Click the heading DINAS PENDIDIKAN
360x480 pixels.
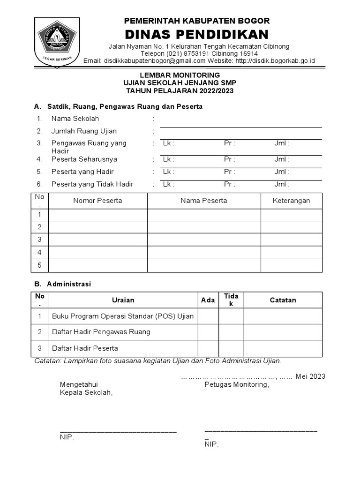tap(196, 34)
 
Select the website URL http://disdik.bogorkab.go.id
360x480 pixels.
tap(275, 61)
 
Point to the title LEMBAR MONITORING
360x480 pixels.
tap(180, 75)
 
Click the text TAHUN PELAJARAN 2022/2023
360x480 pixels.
tap(180, 91)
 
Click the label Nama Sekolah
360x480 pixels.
tap(75, 119)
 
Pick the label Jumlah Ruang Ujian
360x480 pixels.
tap(84, 131)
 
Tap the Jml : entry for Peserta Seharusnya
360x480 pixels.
tap(282, 159)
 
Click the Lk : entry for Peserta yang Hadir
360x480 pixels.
tap(169, 172)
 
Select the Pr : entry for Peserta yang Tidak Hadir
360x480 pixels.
tap(229, 184)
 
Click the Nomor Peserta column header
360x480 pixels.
tap(97, 201)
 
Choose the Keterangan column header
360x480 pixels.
tap(291, 201)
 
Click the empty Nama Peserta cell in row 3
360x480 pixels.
tap(203, 240)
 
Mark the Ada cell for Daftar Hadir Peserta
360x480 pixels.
tap(208, 348)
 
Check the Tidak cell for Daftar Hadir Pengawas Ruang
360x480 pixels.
tap(231, 332)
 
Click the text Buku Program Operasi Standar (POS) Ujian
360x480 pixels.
tap(123, 316)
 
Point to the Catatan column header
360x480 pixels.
tap(283, 300)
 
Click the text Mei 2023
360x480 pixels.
tap(310, 376)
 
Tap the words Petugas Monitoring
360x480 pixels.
tap(237, 385)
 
